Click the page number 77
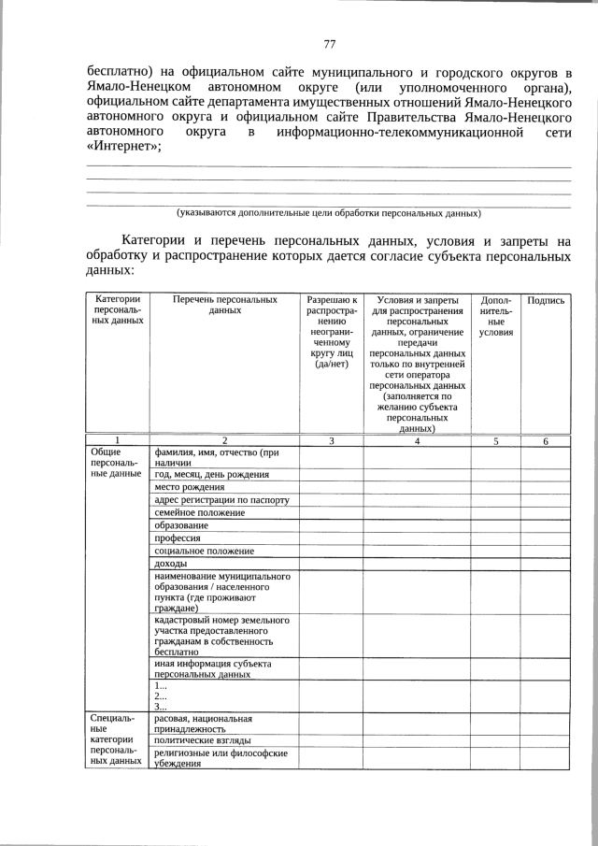coord(329,44)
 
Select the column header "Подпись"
coord(546,300)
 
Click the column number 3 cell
coord(331,440)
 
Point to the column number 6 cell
coord(546,440)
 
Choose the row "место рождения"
coord(190,487)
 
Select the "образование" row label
coord(182,525)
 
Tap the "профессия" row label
coord(178,538)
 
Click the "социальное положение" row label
coord(203,551)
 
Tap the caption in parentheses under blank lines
coord(329,213)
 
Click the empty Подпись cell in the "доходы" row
coord(546,564)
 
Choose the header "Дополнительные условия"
coord(495,316)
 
